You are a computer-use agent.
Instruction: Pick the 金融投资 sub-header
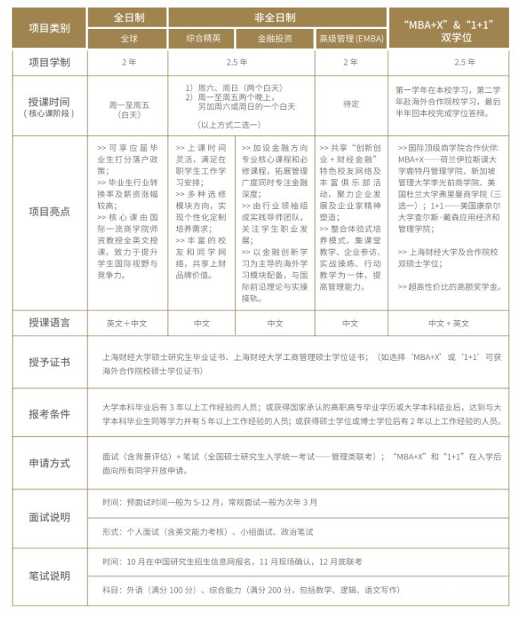[x=275, y=38]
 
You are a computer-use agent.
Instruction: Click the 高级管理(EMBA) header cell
[x=349, y=38]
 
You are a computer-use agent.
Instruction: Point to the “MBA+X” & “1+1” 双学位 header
[x=453, y=27]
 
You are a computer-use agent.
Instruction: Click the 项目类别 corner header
[x=49, y=28]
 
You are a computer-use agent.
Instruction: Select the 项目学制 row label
[x=49, y=63]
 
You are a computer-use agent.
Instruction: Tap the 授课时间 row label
[x=49, y=106]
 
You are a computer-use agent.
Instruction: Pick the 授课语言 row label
[x=49, y=323]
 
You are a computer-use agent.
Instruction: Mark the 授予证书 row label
[x=49, y=362]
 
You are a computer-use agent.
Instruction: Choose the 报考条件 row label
[x=49, y=414]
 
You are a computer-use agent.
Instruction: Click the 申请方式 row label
[x=49, y=463]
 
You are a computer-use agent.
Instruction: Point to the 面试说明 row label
[x=49, y=517]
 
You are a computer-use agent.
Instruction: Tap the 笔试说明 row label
[x=49, y=575]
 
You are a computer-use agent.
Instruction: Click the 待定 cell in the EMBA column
[x=349, y=106]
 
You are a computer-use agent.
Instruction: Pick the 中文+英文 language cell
[x=453, y=323]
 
